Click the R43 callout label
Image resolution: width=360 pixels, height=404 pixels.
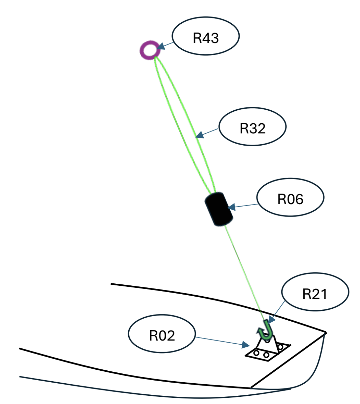coord(205,38)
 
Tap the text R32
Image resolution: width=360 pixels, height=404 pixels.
coord(253,128)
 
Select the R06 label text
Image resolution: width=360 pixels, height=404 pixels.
coord(290,199)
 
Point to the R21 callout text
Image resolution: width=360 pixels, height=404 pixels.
coord(315,294)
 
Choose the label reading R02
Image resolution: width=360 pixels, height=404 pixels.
coord(162,335)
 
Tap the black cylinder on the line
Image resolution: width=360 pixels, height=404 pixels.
coord(219,209)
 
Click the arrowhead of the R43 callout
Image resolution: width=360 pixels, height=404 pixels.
coord(161,46)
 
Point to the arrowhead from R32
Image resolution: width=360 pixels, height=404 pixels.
coord(199,135)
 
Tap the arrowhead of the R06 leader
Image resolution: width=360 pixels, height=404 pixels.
coord(231,207)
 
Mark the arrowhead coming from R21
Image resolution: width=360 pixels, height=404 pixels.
coord(271,319)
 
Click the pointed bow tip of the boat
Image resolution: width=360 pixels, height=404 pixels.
coord(326,333)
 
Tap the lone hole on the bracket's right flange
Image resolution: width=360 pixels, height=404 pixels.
coord(280,347)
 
